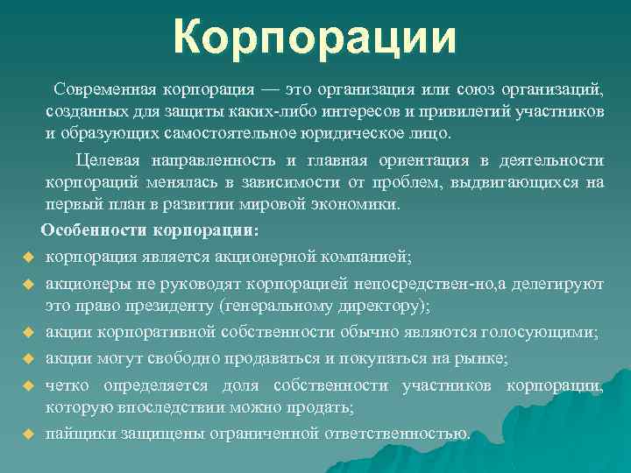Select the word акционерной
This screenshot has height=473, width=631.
(x=286, y=257)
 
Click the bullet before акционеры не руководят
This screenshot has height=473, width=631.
(x=27, y=284)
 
